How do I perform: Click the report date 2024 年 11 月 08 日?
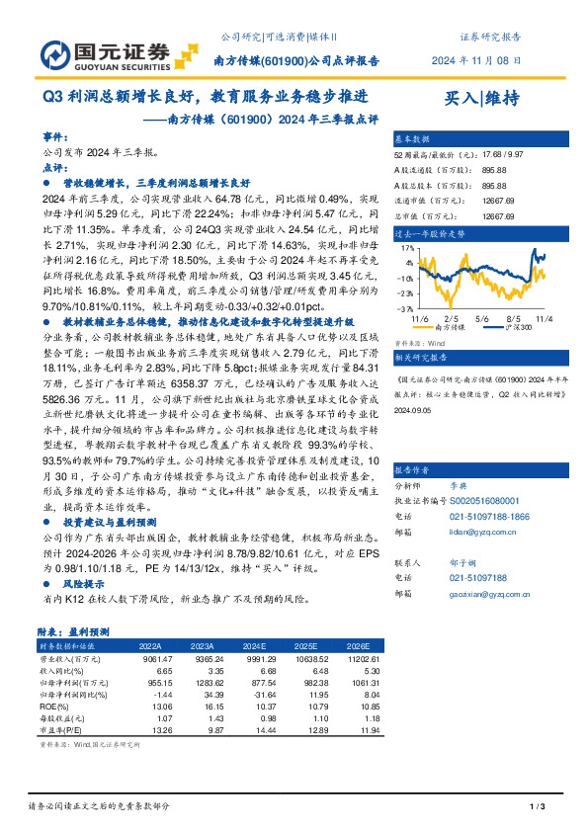tap(489, 60)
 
